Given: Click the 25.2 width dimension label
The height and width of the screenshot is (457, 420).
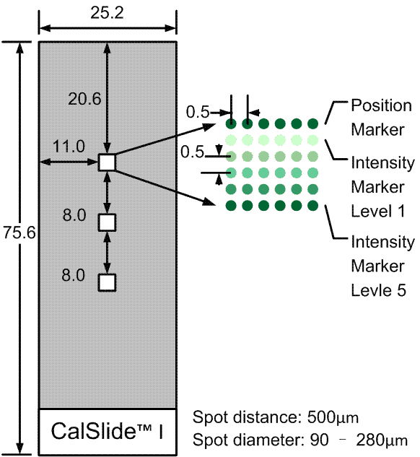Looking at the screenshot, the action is (x=107, y=13).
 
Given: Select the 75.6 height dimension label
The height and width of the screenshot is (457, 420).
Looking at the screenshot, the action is (x=19, y=233).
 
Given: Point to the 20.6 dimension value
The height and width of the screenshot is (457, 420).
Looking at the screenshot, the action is (x=84, y=99).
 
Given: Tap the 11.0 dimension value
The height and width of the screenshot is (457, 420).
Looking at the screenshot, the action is (x=69, y=147).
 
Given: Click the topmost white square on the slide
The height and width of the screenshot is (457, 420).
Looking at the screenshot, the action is (x=107, y=162).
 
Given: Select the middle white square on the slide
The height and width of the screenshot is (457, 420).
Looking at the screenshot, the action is (x=107, y=222).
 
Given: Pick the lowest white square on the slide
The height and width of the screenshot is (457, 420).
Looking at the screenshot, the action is (x=107, y=282).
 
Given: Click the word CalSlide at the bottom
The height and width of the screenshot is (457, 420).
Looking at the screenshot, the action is (x=93, y=431).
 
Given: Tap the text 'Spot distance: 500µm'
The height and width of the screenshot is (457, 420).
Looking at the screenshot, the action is (x=275, y=417).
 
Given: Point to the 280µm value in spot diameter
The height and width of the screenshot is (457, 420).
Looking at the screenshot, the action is (x=382, y=440).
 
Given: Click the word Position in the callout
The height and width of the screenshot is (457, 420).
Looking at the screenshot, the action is (x=381, y=105).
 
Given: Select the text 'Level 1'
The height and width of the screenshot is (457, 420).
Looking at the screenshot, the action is (x=378, y=211).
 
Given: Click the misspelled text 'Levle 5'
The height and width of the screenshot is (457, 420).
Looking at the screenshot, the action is (x=378, y=290).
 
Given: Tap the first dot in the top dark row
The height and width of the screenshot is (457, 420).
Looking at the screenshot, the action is (x=231, y=123).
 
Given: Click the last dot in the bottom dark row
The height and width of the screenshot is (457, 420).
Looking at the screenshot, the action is (x=312, y=206).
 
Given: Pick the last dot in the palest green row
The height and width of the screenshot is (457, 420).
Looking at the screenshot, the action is (x=312, y=140).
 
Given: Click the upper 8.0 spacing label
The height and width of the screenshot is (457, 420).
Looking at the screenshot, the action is (x=74, y=215).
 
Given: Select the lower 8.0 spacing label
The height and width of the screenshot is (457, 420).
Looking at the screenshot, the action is (x=73, y=275).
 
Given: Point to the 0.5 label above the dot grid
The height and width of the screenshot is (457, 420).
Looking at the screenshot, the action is (x=198, y=112).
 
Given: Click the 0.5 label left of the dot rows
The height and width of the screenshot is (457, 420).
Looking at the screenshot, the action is (x=192, y=152).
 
